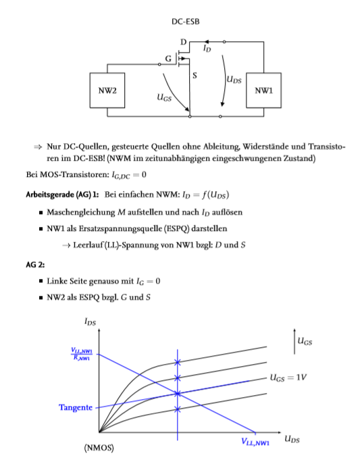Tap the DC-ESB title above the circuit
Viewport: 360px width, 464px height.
186,22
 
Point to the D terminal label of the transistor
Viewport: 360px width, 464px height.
184,42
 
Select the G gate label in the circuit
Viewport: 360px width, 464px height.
168,59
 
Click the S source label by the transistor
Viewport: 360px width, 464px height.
195,76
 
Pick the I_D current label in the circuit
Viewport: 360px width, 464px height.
207,48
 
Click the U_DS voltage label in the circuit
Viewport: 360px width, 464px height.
234,79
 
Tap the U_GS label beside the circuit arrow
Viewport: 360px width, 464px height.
164,97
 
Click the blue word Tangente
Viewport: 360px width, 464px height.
76,407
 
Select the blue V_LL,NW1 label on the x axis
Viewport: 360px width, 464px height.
255,442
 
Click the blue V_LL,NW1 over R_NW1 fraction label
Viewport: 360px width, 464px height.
82,354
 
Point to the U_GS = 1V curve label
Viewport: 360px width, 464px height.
288,378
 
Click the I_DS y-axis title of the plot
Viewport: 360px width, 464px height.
91,321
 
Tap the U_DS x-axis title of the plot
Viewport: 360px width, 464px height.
292,439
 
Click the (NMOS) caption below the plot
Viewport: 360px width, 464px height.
99,448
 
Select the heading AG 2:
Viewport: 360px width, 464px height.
35,265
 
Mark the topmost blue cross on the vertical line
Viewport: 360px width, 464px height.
177,362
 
